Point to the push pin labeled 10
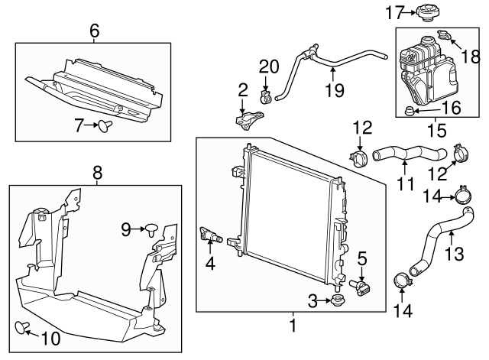[x=23, y=328]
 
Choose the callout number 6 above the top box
[x=94, y=31]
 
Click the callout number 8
[x=97, y=174]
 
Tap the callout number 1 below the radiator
[x=291, y=327]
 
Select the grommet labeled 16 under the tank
[x=410, y=112]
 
